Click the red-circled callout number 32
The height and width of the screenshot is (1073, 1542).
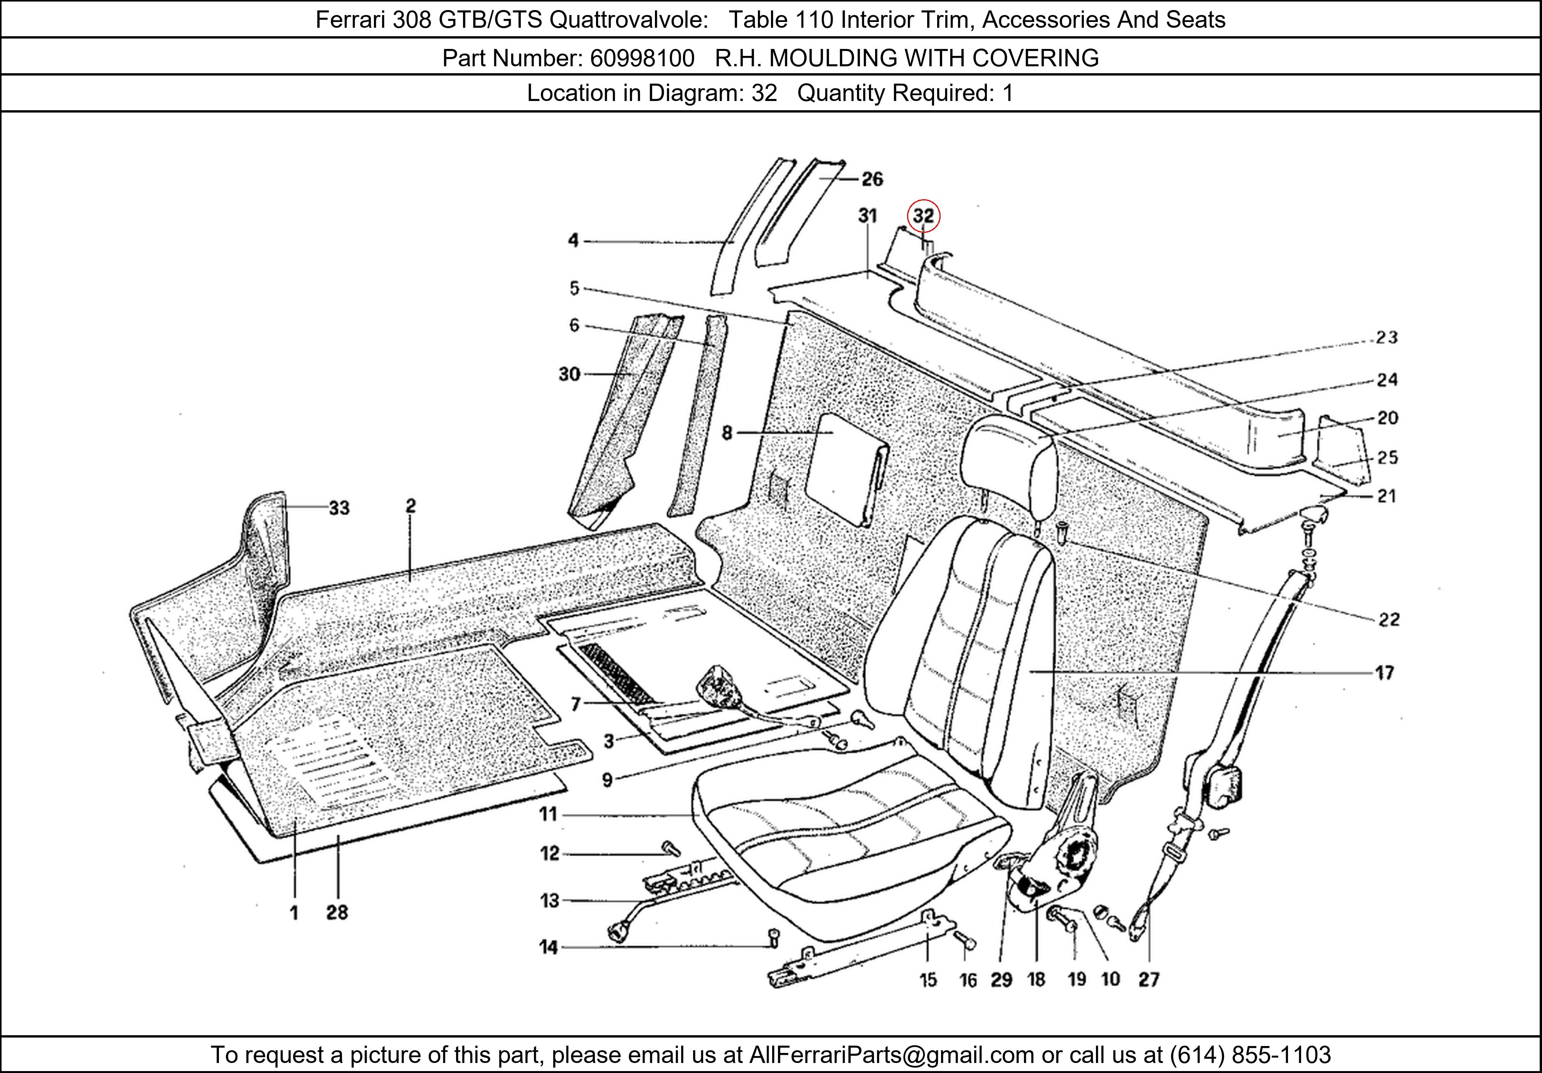tap(923, 216)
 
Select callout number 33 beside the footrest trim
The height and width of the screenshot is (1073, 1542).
tap(339, 508)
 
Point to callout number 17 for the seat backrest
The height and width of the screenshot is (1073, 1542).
tap(1385, 673)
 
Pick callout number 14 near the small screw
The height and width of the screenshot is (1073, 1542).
tap(549, 947)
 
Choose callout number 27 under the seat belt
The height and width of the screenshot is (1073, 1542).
tap(1149, 980)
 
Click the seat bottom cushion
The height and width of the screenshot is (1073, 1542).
tap(846, 839)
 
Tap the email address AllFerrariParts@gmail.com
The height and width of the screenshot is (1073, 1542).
tap(891, 1055)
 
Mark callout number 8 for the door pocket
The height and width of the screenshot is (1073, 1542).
tap(727, 433)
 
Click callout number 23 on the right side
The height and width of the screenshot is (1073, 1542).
tap(1386, 338)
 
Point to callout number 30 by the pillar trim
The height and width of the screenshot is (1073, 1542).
tap(569, 374)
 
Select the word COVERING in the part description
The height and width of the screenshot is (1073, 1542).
tap(1035, 59)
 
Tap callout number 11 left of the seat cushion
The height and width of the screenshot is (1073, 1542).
tap(548, 814)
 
